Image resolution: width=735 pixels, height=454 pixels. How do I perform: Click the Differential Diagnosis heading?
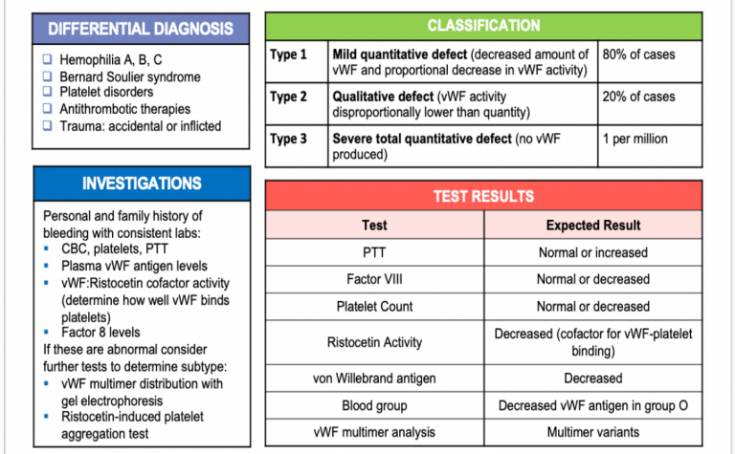[x=141, y=29]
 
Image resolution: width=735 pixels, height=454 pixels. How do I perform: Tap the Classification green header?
[x=483, y=26]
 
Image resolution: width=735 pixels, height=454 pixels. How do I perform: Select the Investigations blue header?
[x=141, y=184]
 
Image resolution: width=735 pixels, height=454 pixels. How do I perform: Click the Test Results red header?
[x=483, y=196]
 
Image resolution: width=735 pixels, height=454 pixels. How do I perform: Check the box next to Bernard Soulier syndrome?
[x=48, y=76]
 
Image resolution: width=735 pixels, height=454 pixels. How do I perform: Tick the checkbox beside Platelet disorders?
[x=48, y=93]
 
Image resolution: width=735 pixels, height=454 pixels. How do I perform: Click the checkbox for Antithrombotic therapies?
[x=48, y=109]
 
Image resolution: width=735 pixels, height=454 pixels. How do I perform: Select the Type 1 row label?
[x=289, y=54]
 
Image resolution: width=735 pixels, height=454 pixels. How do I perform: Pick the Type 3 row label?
[x=289, y=139]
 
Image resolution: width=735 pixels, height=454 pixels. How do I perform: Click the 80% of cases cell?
[x=638, y=54]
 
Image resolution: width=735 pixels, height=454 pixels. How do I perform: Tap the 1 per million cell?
[x=635, y=139]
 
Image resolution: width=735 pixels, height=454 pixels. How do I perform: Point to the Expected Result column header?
[x=593, y=226]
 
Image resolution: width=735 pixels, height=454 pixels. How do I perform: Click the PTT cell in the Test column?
[x=374, y=253]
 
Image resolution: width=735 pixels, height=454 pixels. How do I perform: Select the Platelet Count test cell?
[x=374, y=307]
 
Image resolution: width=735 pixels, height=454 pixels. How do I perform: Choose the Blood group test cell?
[x=374, y=405]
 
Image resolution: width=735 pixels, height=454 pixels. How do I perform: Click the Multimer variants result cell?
[x=593, y=432]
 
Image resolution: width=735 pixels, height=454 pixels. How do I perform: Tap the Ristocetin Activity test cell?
[x=374, y=342]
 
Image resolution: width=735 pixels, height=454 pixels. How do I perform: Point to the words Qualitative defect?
[x=379, y=97]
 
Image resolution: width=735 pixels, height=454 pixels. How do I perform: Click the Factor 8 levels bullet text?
[x=101, y=333]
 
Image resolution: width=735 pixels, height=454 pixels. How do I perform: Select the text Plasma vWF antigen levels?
[x=134, y=266]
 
